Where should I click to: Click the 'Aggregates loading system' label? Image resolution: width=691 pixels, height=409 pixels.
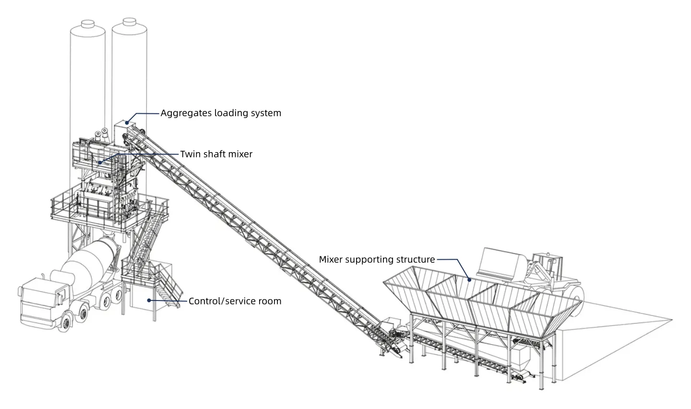221,113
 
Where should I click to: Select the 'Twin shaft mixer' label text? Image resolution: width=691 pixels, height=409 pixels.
216,154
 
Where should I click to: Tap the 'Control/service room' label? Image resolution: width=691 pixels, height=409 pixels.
235,301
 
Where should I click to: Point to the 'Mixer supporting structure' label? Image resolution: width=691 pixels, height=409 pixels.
377,260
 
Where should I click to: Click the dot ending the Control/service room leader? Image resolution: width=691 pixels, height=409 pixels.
149,300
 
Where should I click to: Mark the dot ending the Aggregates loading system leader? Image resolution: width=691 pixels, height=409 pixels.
127,123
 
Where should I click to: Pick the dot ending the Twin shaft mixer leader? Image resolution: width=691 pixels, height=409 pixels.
100,163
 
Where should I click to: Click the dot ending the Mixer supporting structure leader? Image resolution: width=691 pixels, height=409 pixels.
469,279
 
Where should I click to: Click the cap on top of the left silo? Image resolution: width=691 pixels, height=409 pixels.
86,23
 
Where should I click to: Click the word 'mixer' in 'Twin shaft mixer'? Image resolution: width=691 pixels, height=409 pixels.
240,154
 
